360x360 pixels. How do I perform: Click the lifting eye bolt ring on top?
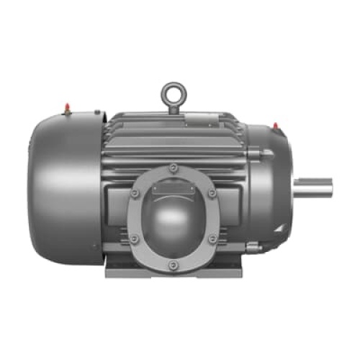click(x=173, y=92)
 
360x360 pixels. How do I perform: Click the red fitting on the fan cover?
click(x=66, y=108)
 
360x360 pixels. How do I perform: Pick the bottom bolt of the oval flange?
click(x=173, y=266)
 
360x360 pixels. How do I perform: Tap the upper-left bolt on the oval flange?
click(x=135, y=193)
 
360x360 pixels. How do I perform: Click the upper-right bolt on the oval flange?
click(x=210, y=193)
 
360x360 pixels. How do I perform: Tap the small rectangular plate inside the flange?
click(x=173, y=189)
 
